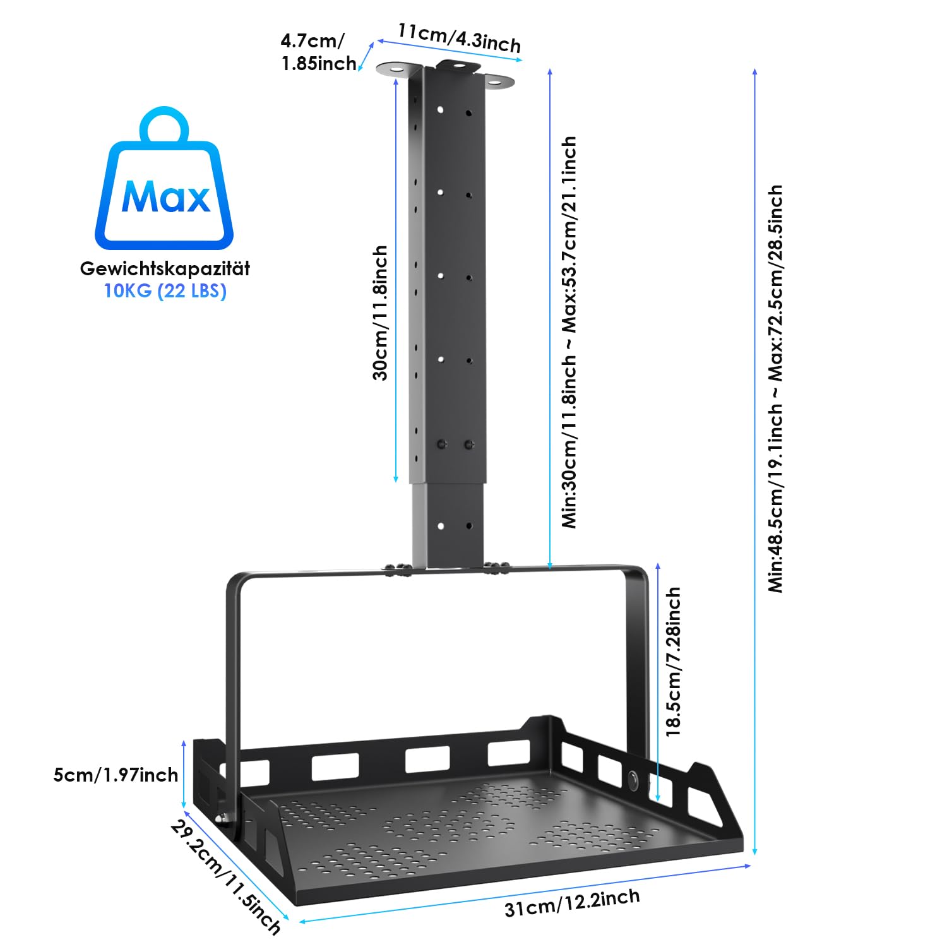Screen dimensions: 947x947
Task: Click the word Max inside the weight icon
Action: coord(165,197)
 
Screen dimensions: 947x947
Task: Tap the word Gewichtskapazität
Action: coord(165,268)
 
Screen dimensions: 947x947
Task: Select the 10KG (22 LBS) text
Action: coord(165,291)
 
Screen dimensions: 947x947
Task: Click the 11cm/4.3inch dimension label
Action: coord(459,38)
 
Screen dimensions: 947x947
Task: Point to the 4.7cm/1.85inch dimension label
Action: coord(318,52)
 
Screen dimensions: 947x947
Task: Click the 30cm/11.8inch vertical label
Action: coord(379,313)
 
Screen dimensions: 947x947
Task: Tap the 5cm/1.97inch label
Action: coord(116,775)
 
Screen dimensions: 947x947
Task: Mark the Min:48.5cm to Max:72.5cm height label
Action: coord(775,388)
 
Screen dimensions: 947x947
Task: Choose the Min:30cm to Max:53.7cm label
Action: coord(569,332)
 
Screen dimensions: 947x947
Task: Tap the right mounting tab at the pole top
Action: coord(499,81)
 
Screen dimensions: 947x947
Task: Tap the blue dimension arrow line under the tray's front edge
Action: coord(525,893)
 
